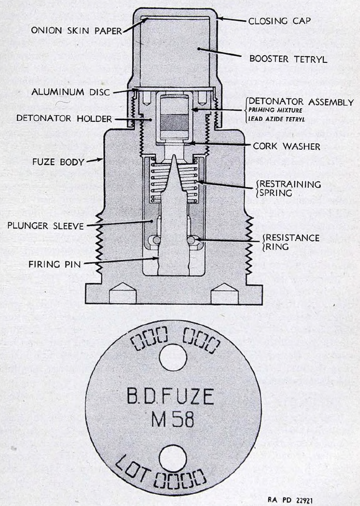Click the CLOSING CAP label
click(280, 21)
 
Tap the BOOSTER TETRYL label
click(288, 58)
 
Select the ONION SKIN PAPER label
click(77, 30)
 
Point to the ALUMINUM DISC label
click(71, 92)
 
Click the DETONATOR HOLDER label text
click(64, 118)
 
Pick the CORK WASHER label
click(286, 146)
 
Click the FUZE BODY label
click(58, 162)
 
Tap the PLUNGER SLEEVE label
click(45, 226)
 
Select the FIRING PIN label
click(55, 264)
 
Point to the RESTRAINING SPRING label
click(289, 189)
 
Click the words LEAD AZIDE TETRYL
click(277, 119)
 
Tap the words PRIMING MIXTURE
click(276, 110)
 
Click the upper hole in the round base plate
click(173, 357)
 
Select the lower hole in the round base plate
click(173, 458)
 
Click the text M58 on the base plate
click(173, 419)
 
